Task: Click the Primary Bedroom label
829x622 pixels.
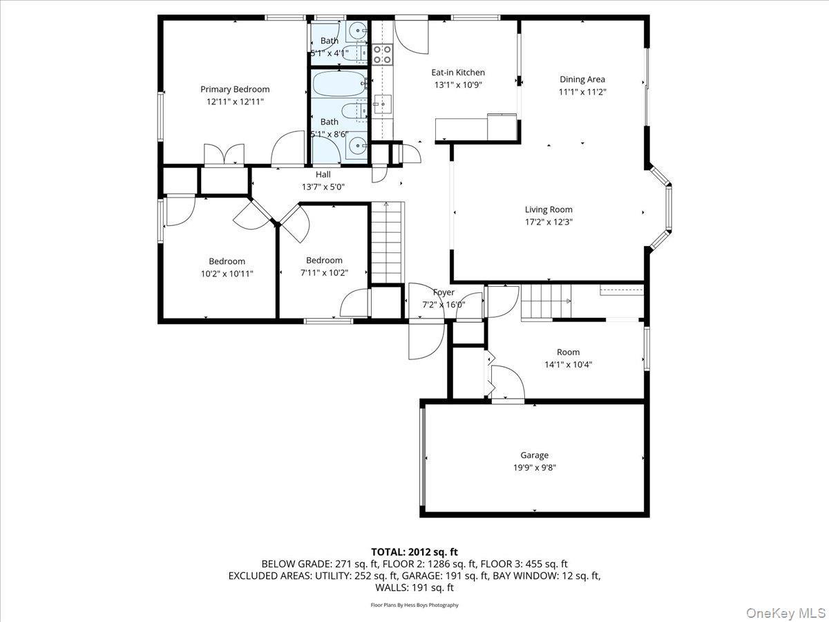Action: click(235, 89)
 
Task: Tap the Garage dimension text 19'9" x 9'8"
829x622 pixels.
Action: click(534, 468)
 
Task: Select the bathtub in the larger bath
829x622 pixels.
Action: click(339, 86)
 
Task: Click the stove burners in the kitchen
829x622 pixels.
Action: click(382, 54)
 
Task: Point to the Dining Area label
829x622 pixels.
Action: click(582, 79)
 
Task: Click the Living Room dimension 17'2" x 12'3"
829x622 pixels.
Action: click(549, 222)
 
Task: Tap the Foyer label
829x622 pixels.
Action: click(444, 292)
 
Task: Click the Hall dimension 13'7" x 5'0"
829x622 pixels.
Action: click(323, 187)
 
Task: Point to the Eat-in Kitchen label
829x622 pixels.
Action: click(458, 73)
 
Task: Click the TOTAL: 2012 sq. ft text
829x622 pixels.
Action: click(414, 552)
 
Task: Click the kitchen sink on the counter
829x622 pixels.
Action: click(381, 104)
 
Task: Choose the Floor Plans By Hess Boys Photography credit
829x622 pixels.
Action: click(414, 605)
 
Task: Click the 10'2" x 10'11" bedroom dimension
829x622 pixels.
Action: click(227, 274)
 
